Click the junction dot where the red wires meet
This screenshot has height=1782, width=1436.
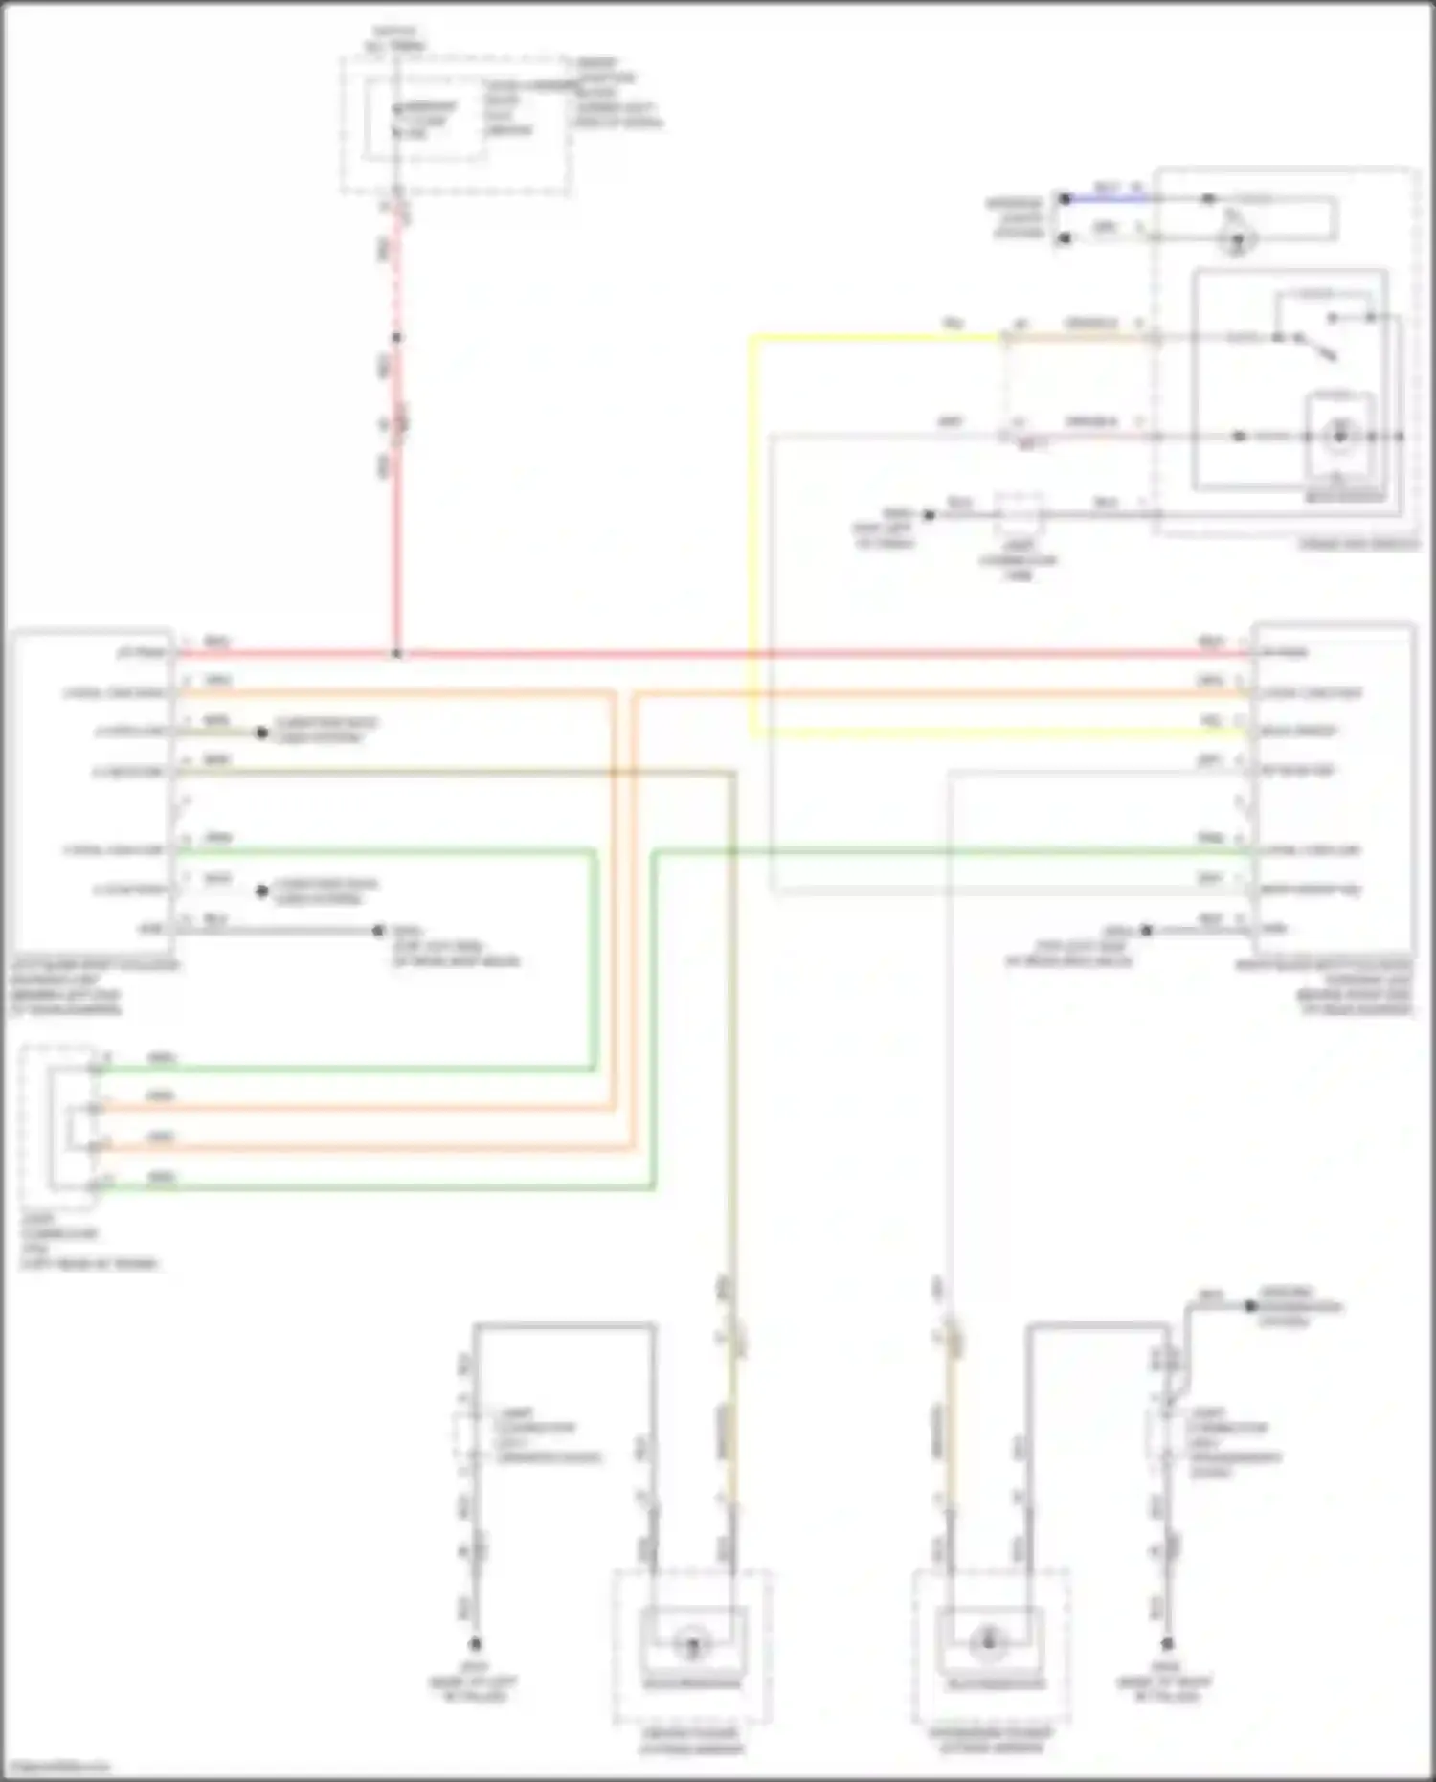tap(397, 655)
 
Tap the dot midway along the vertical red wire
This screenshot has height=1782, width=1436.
tap(397, 337)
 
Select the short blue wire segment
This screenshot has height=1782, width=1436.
tap(1107, 198)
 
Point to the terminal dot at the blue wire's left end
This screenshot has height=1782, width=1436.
tap(1065, 198)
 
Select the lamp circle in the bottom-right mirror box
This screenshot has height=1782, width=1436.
tap(988, 1643)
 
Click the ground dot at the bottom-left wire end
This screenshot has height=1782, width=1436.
tap(474, 1643)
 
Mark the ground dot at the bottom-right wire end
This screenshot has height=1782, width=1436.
tap(1167, 1643)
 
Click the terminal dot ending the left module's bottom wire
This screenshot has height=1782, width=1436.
tap(378, 930)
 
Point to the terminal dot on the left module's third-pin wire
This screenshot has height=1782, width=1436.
tap(261, 733)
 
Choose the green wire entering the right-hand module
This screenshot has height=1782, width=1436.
tap(957, 850)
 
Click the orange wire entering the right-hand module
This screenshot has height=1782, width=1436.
tap(957, 693)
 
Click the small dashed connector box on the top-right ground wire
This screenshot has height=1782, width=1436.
tap(1019, 515)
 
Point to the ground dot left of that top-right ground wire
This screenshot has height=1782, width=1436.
tap(928, 515)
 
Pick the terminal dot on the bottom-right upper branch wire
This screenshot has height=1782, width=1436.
tap(1249, 1306)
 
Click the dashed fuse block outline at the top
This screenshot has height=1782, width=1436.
tap(456, 124)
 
